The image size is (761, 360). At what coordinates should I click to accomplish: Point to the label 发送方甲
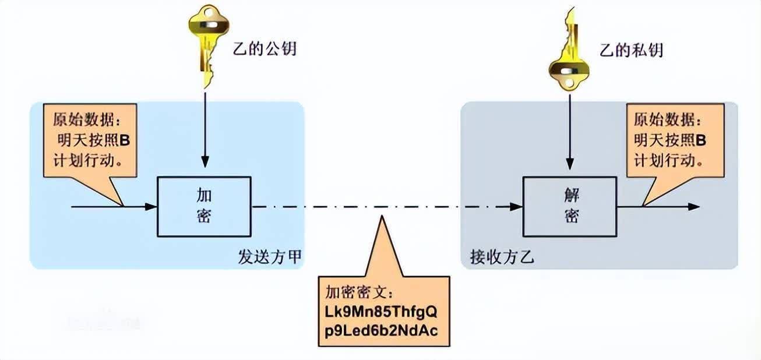point(270,257)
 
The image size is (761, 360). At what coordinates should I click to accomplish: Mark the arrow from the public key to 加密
point(205,128)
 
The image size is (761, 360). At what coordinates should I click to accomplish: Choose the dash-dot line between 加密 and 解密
point(379,206)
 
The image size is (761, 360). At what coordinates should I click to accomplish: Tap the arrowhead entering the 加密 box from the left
point(152,206)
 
